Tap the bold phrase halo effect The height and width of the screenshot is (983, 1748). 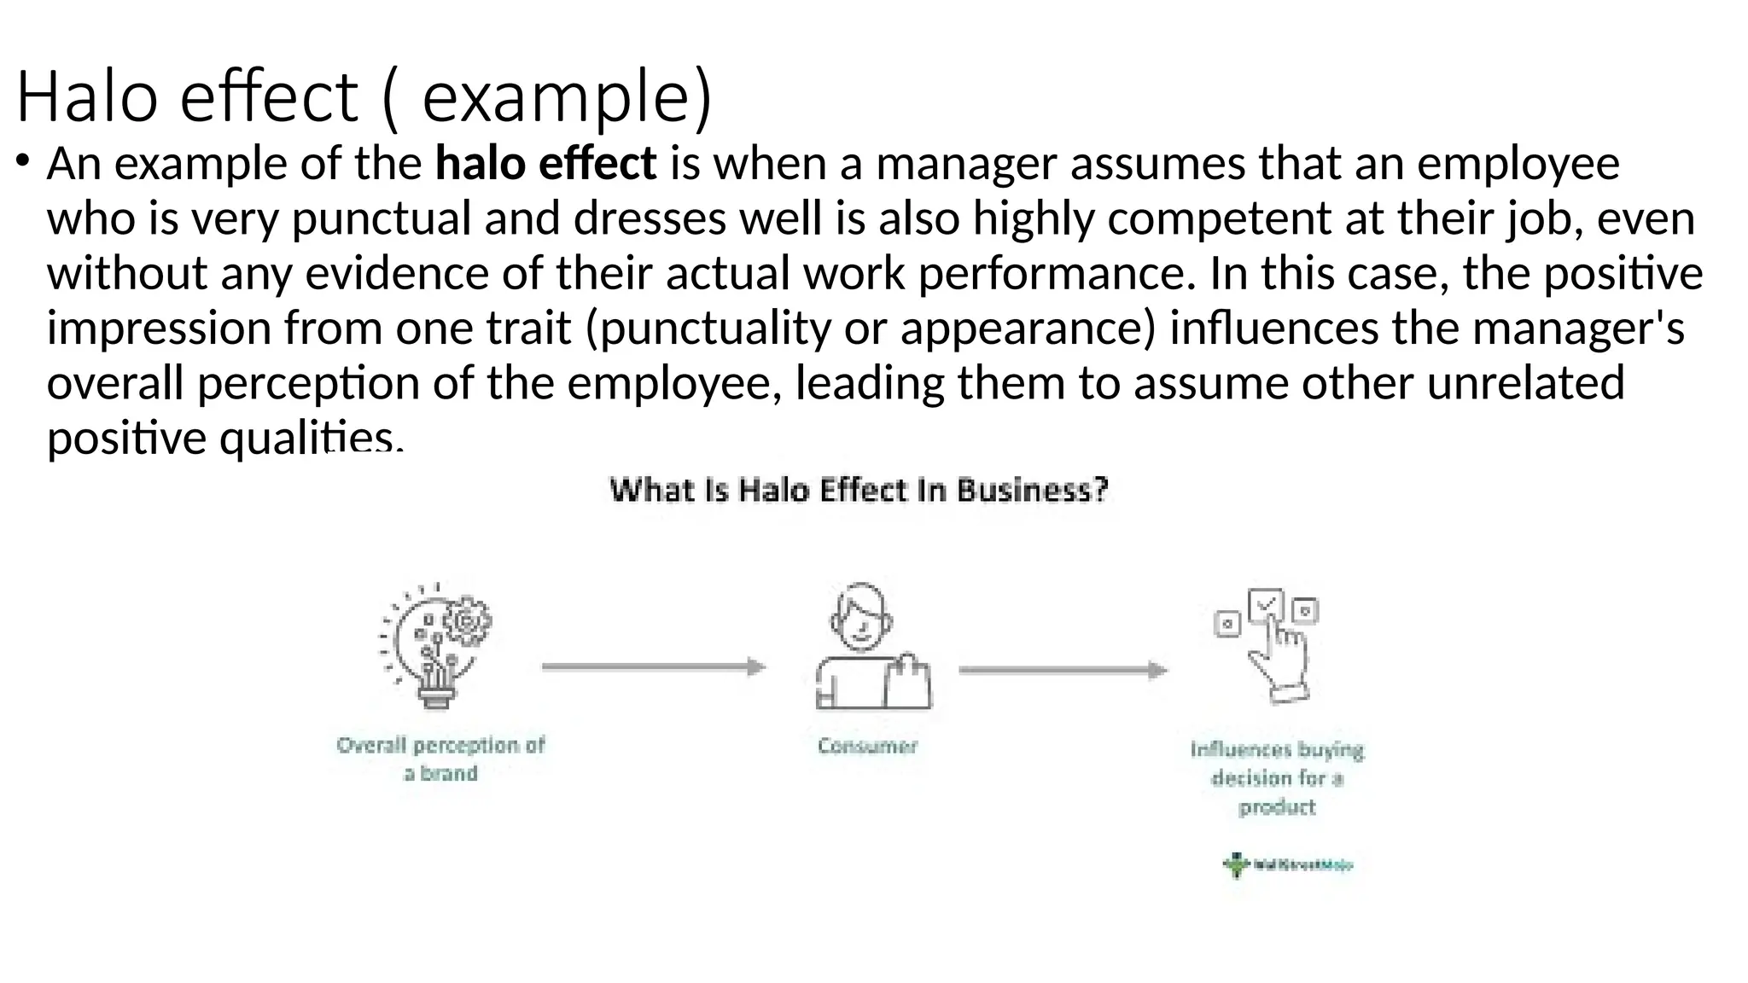point(545,163)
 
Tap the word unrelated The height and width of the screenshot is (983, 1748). point(1525,382)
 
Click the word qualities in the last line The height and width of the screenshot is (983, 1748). point(311,438)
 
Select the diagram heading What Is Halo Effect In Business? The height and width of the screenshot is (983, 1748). point(859,491)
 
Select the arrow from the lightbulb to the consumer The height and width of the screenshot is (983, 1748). point(654,667)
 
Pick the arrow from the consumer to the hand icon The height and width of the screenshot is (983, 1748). point(1063,670)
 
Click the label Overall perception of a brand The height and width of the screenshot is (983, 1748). point(440,759)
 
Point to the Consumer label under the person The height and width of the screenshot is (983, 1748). point(867,747)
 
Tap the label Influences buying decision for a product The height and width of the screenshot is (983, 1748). point(1277,777)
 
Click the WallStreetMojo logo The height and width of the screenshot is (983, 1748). point(1287,865)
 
